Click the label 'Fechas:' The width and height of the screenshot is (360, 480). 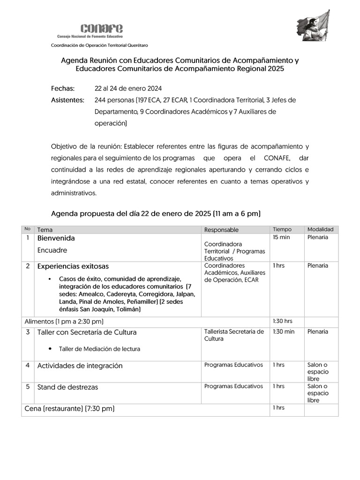click(63, 88)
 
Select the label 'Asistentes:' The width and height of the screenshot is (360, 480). click(67, 100)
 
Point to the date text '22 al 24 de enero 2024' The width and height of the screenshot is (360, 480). click(128, 88)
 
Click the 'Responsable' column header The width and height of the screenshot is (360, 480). click(221, 230)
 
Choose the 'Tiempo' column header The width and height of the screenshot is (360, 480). click(282, 230)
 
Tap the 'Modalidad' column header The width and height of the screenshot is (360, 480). click(320, 230)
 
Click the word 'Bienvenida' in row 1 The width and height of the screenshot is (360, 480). click(56, 239)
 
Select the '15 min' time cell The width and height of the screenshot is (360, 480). click(281, 238)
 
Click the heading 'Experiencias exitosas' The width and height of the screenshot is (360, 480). click(73, 266)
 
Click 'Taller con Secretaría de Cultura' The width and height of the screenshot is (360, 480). click(87, 332)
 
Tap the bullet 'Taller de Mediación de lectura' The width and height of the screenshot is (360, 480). click(99, 349)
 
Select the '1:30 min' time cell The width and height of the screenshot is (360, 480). click(284, 332)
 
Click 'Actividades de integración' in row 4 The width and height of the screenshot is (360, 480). click(80, 366)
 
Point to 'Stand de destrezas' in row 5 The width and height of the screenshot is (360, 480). click(67, 387)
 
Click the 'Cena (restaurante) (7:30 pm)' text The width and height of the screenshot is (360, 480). click(69, 409)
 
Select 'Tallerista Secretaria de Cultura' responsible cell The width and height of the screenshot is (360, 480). click(234, 335)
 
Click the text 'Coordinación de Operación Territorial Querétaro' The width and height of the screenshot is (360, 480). click(99, 45)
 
